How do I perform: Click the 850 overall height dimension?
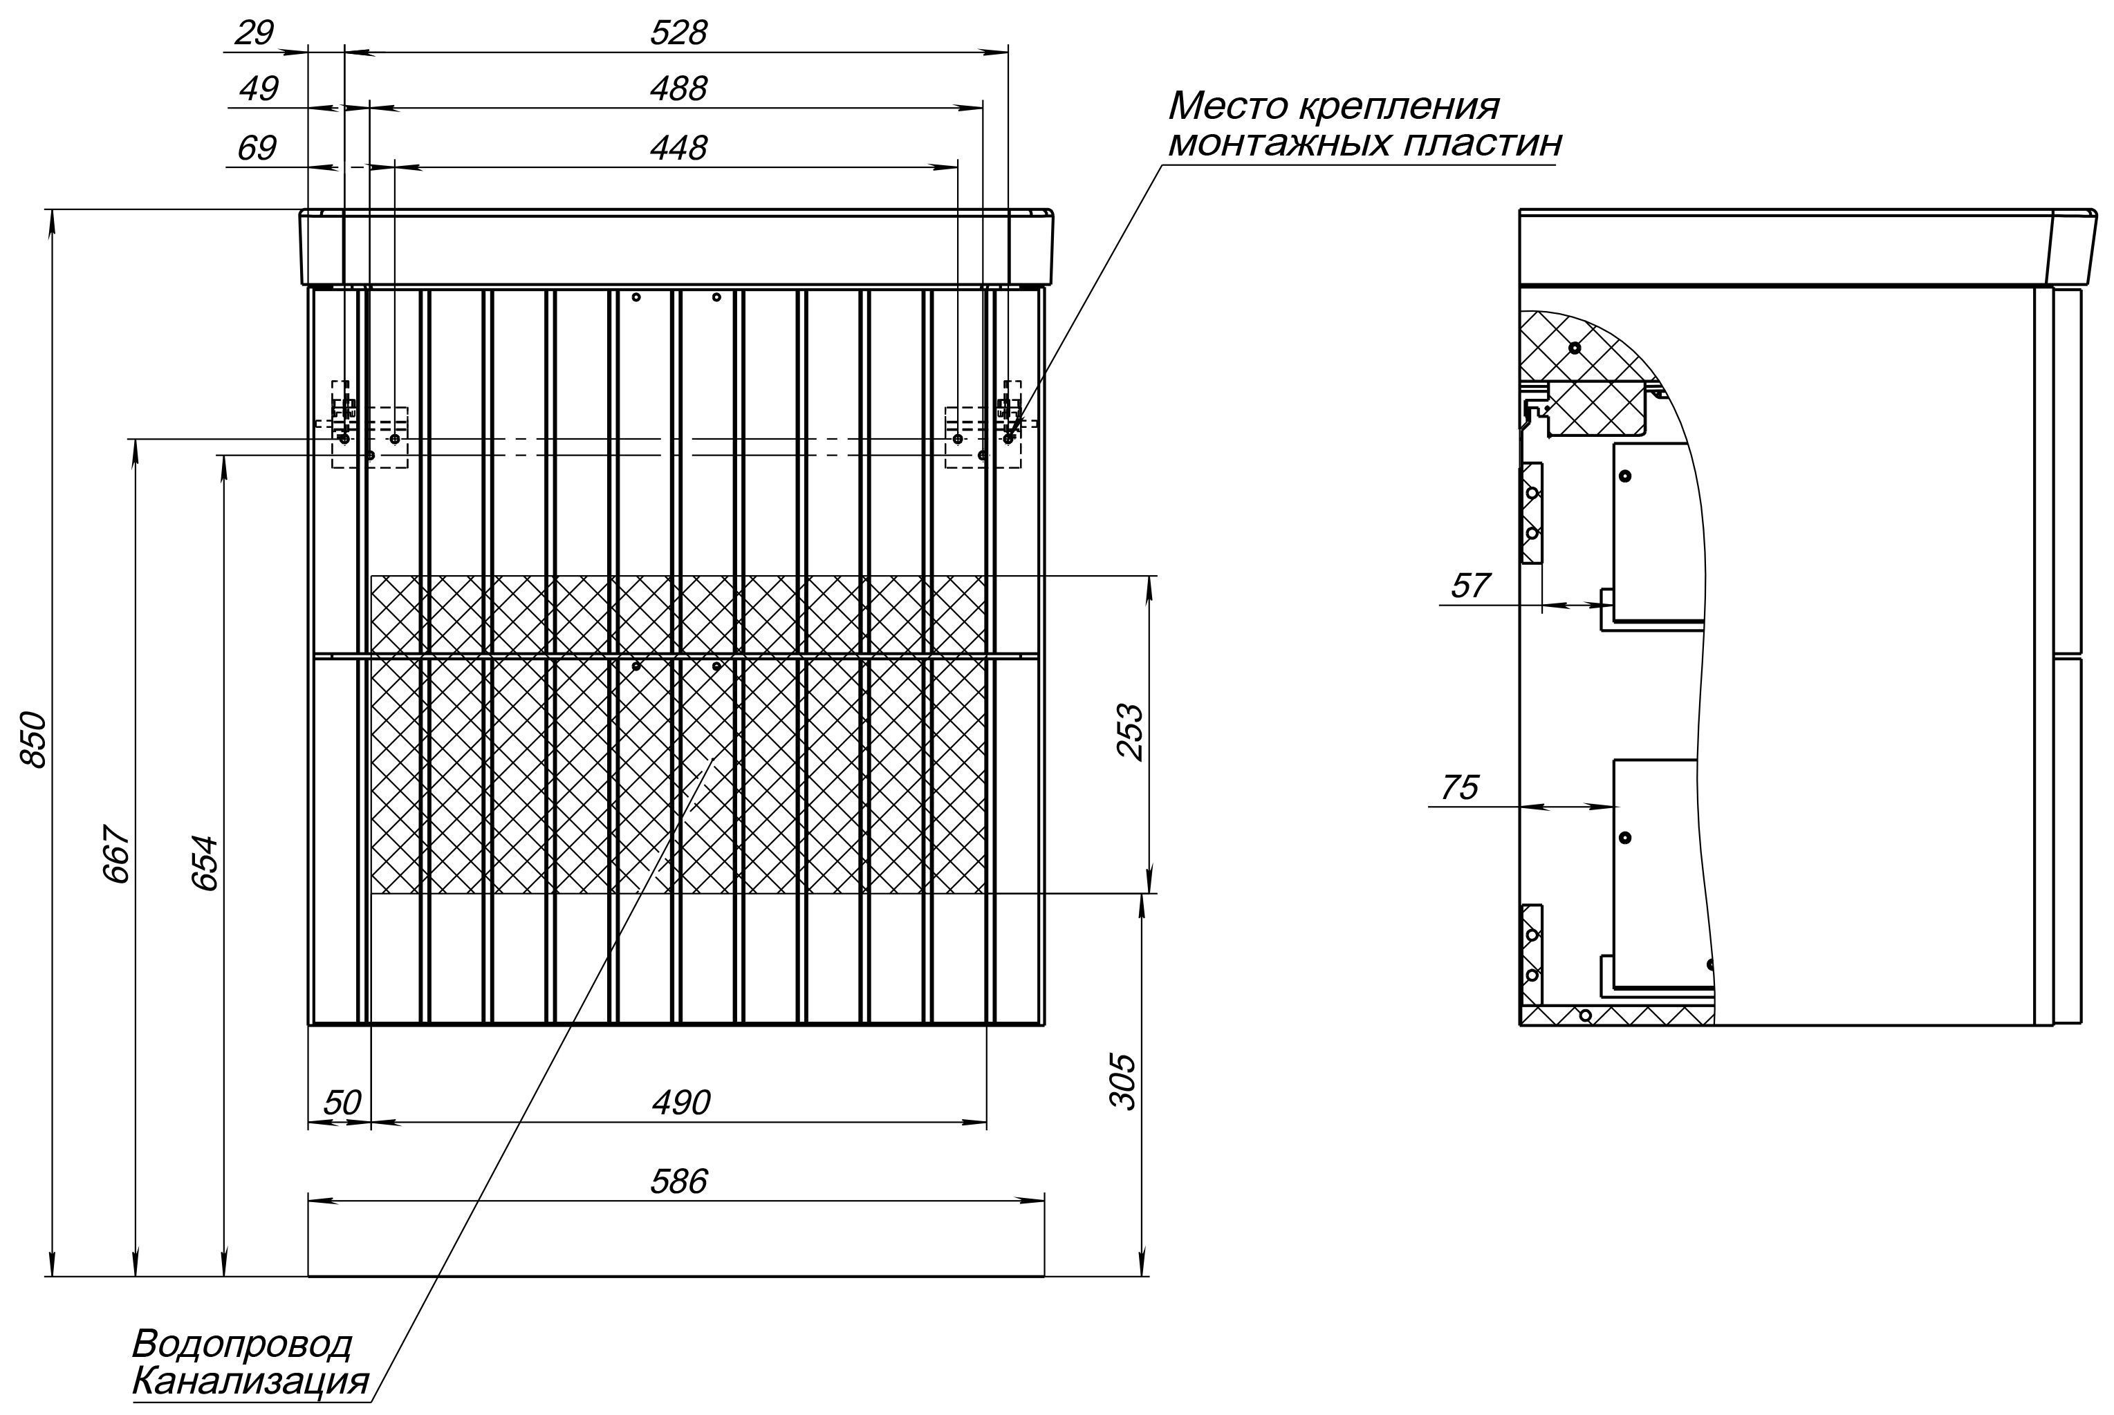[x=35, y=739]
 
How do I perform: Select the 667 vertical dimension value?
[x=118, y=853]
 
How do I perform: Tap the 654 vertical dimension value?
[x=206, y=863]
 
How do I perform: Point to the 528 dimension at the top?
[x=679, y=33]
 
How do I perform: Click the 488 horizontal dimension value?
[x=679, y=88]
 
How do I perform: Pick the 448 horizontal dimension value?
[x=679, y=148]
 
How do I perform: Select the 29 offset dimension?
[x=254, y=33]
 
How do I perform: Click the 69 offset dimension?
[x=257, y=148]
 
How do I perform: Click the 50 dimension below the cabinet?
[x=342, y=1103]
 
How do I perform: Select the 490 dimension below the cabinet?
[x=681, y=1103]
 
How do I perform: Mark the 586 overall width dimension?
[x=679, y=1181]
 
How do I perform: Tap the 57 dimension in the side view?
[x=1469, y=585]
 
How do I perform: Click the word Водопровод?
[x=242, y=1344]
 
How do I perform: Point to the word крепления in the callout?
[x=1399, y=106]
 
